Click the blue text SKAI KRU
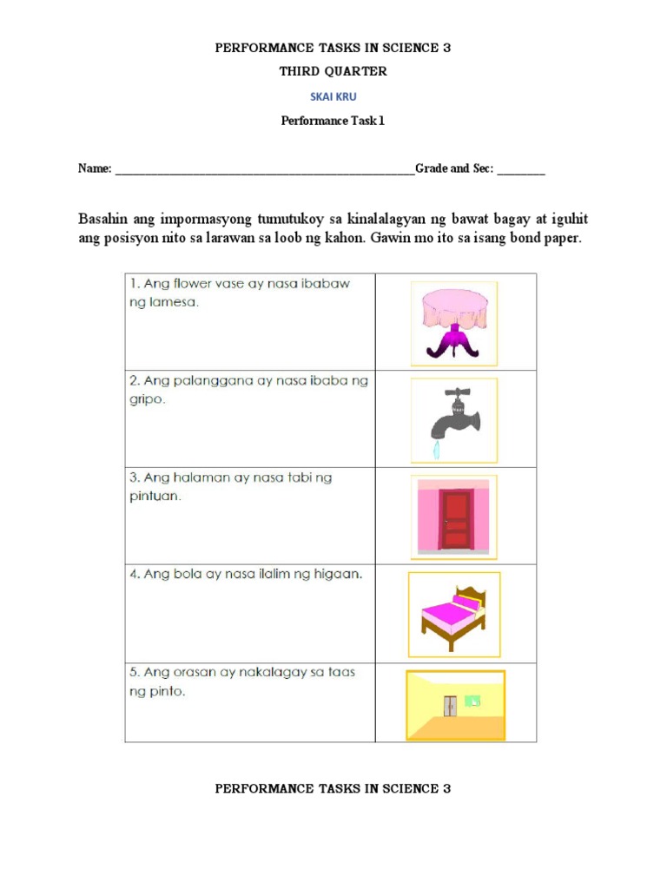pyautogui.click(x=333, y=97)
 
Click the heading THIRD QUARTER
pyautogui.click(x=333, y=72)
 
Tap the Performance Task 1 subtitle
pyautogui.click(x=333, y=121)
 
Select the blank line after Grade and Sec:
pyautogui.click(x=522, y=170)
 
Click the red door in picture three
pyautogui.click(x=453, y=519)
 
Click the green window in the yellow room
pyautogui.click(x=472, y=700)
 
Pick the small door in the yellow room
pyautogui.click(x=450, y=705)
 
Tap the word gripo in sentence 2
pyautogui.click(x=146, y=401)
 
